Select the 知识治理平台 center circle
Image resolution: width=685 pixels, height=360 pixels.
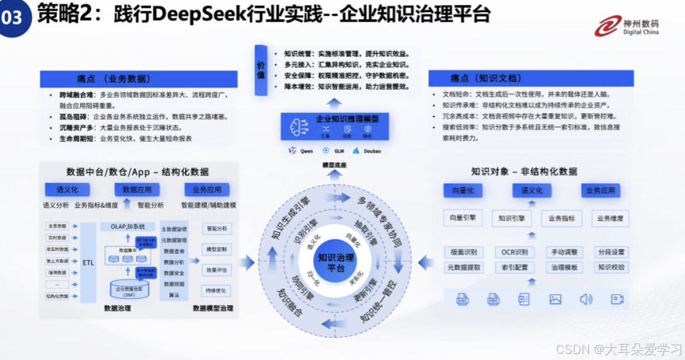click(336, 262)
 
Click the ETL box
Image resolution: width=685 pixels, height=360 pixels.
click(88, 262)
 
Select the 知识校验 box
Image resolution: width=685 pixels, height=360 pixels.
click(611, 268)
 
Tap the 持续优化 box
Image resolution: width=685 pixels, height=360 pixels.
click(216, 291)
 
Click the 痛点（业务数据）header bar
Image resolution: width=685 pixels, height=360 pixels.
click(138, 79)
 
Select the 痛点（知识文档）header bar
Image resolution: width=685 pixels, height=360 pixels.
click(531, 79)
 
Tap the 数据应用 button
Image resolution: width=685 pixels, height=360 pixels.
click(137, 190)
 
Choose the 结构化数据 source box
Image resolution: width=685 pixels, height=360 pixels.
click(58, 296)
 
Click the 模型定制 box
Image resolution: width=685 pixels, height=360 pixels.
click(216, 249)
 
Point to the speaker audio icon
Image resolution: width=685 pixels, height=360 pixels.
click(586, 299)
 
